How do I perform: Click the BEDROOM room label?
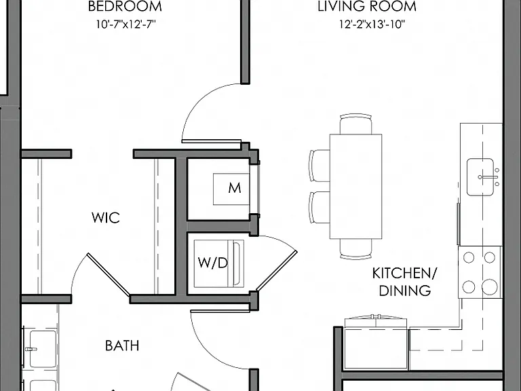pos(125,7)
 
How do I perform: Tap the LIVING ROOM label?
pos(367,7)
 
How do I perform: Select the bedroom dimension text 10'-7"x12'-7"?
pos(126,24)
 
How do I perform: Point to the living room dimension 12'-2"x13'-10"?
pos(372,24)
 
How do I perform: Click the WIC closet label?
pos(106,218)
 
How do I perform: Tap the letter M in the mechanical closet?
pos(235,188)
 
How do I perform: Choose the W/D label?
pos(213,263)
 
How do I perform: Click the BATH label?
pos(122,346)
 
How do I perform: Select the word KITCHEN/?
pos(405,274)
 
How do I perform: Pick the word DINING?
pos(405,291)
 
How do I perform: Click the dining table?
pos(356,186)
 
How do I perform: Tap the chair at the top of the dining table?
pos(356,124)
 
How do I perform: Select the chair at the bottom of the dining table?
pos(356,248)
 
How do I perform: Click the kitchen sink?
pos(480,177)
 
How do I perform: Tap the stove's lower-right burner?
pos(490,287)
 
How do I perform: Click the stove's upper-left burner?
pos(469,257)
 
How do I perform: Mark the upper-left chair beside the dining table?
pos(320,165)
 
